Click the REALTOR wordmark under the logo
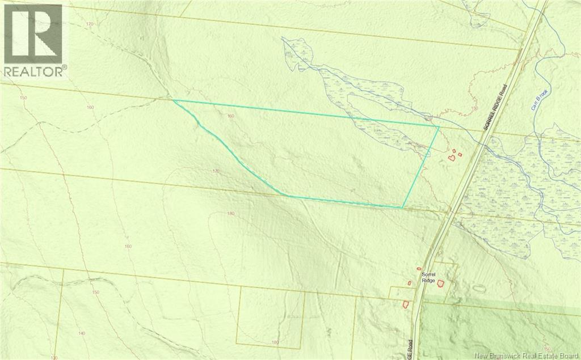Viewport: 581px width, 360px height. click(x=35, y=71)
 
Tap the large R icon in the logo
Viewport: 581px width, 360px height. click(x=33, y=33)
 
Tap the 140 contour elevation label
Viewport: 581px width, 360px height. click(x=82, y=333)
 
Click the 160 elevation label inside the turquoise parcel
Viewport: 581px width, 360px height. click(x=230, y=116)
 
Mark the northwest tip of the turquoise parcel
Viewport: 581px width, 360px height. click(x=173, y=100)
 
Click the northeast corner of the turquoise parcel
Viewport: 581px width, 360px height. click(x=439, y=126)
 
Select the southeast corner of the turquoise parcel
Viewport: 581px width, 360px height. click(x=403, y=207)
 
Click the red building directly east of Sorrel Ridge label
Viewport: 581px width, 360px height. click(x=441, y=282)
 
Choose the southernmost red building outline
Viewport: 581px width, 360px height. click(x=406, y=304)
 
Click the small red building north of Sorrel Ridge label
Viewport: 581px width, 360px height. click(x=419, y=268)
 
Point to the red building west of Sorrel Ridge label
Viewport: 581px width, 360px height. click(x=409, y=283)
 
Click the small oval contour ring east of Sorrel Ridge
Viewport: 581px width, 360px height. click(x=479, y=287)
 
